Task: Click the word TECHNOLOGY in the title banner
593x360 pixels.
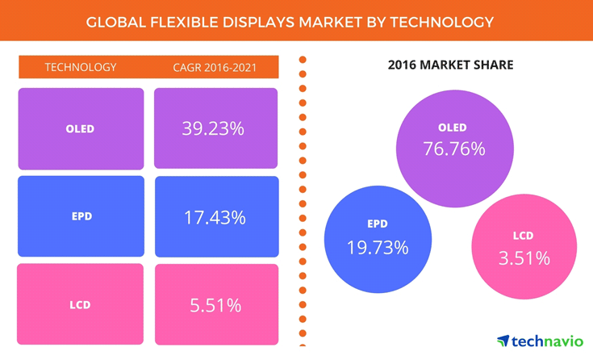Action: pyautogui.click(x=442, y=21)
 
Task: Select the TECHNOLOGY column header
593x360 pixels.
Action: pyautogui.click(x=81, y=67)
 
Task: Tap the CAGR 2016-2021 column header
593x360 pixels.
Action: pyautogui.click(x=215, y=67)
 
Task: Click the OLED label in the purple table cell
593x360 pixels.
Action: pyautogui.click(x=80, y=129)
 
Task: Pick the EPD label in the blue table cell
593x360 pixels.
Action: pyautogui.click(x=80, y=217)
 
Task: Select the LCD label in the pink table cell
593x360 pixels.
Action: pyautogui.click(x=80, y=305)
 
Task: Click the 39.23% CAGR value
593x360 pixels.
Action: pyautogui.click(x=215, y=128)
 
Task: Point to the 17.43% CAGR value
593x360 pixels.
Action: pyautogui.click(x=215, y=217)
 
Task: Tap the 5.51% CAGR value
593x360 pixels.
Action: pyautogui.click(x=215, y=305)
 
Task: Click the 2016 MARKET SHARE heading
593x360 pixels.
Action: pyautogui.click(x=450, y=65)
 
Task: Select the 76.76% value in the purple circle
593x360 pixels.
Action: pyautogui.click(x=453, y=149)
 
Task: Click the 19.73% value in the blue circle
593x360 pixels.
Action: pyautogui.click(x=378, y=248)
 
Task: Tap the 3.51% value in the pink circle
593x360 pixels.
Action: pyautogui.click(x=524, y=258)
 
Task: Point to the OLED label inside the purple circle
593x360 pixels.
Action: pyautogui.click(x=453, y=128)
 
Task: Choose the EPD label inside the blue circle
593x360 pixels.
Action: pyautogui.click(x=377, y=224)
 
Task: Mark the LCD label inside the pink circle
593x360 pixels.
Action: pyautogui.click(x=523, y=236)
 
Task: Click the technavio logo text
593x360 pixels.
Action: pyautogui.click(x=546, y=341)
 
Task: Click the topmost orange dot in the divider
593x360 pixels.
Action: pyautogui.click(x=303, y=60)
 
